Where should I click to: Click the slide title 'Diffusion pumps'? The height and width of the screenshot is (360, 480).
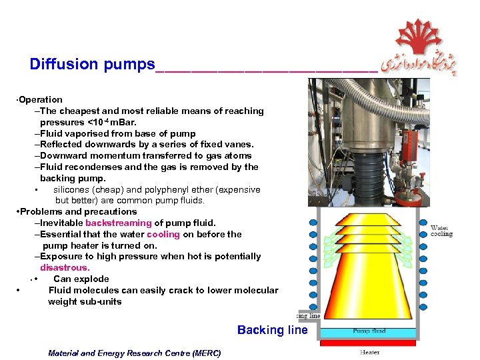[x=92, y=64]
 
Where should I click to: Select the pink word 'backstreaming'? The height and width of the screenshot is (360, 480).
[x=119, y=223]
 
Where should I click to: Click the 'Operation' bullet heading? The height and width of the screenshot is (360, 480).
[x=40, y=99]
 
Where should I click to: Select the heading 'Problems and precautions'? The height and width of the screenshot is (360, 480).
[x=78, y=211]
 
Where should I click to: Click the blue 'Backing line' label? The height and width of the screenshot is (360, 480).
[x=272, y=330]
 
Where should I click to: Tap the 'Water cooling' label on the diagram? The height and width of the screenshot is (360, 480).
[x=441, y=231]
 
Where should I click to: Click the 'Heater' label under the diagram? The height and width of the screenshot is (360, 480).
[x=369, y=352]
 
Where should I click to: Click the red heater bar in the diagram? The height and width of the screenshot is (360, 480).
[x=368, y=343]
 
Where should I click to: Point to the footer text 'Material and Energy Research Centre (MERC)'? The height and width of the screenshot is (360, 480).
[x=134, y=353]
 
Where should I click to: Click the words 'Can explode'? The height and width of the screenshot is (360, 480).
[x=81, y=279]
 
